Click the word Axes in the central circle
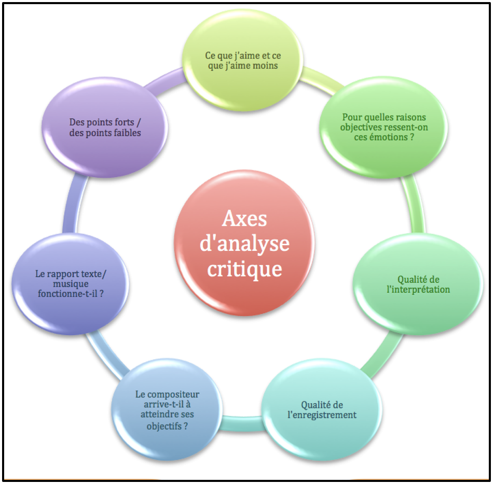pyautogui.click(x=244, y=219)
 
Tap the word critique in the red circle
pyautogui.click(x=245, y=269)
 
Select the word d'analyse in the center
pyautogui.click(x=245, y=244)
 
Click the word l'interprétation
pyautogui.click(x=418, y=289)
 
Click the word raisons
pyautogui.click(x=409, y=117)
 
